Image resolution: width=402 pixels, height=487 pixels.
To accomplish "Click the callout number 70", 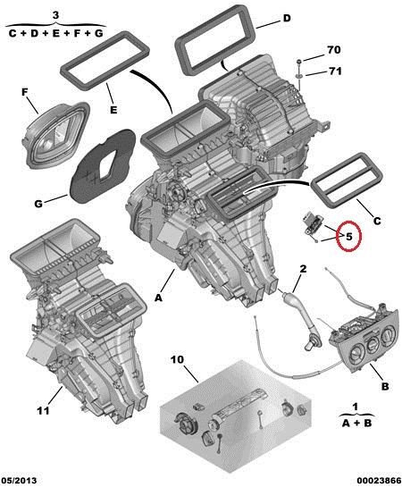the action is pos(334,50).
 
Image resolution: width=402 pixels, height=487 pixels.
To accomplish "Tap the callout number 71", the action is pos(335,71).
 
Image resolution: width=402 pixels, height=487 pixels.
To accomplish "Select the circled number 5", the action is pos(349,237).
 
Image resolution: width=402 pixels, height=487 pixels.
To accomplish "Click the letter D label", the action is pos(287,19).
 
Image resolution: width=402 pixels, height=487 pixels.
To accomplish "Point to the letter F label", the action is pos(25,92).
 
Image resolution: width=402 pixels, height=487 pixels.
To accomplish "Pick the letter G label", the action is pos(38,204).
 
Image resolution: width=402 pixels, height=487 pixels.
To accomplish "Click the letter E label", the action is pos(113,110).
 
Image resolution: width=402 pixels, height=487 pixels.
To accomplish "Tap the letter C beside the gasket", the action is pos(377,221).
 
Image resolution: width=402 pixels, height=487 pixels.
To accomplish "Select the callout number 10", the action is pos(177,359).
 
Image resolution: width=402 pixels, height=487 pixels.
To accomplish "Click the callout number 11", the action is pos(43,410).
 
